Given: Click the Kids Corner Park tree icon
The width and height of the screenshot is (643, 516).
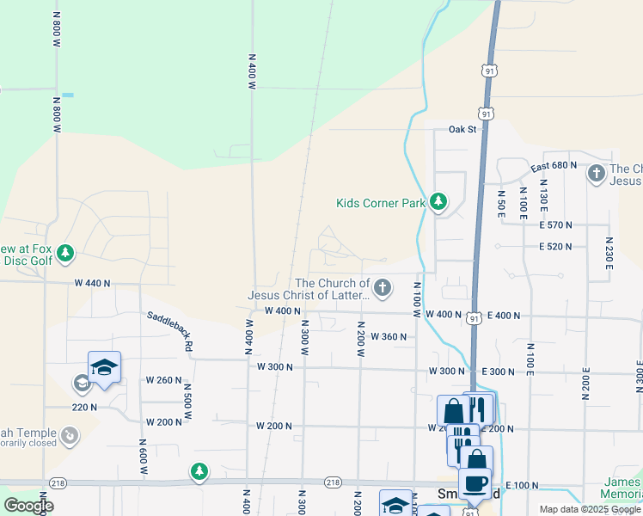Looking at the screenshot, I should pyautogui.click(x=438, y=202).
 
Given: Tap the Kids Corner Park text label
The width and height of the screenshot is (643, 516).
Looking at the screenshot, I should pyautogui.click(x=381, y=204).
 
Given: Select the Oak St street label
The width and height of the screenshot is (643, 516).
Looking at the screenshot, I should pyautogui.click(x=462, y=129).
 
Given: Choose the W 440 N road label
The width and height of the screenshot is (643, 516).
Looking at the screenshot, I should pyautogui.click(x=94, y=282).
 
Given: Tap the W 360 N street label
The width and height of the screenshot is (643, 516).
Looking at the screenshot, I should pyautogui.click(x=389, y=336).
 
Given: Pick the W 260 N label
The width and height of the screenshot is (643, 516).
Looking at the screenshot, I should pyautogui.click(x=163, y=379).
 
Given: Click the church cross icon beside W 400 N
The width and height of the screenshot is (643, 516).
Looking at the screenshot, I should pyautogui.click(x=382, y=287).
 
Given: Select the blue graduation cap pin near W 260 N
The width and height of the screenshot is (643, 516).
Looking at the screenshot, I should pyautogui.click(x=104, y=368).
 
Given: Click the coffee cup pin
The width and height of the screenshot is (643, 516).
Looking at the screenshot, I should pyautogui.click(x=475, y=483).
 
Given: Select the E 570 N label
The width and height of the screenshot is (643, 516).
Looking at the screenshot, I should pyautogui.click(x=555, y=224).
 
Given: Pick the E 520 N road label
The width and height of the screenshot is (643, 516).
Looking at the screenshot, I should pyautogui.click(x=555, y=247).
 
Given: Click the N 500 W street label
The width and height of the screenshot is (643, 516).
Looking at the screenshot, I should pyautogui.click(x=187, y=401).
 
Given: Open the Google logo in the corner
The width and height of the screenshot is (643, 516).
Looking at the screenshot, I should pyautogui.click(x=28, y=506).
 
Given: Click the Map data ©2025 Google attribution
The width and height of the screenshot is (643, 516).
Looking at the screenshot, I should pyautogui.click(x=589, y=509).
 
